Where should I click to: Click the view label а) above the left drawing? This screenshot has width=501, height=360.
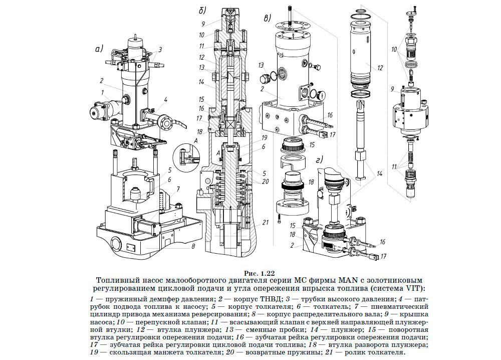click(x=99, y=49)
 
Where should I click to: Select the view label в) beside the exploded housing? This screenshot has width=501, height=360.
click(x=268, y=18)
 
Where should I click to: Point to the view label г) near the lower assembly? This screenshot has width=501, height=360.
click(x=319, y=159)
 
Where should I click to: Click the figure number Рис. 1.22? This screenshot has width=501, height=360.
click(x=260, y=273)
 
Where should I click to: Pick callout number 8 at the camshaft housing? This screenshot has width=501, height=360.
click(x=193, y=246)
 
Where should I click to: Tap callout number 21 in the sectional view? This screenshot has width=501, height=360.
click(x=265, y=222)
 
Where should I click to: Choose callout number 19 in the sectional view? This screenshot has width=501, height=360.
click(x=264, y=138)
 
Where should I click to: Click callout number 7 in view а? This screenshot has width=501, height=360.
click(x=178, y=189)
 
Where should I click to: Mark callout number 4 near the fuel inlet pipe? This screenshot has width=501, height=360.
click(x=165, y=100)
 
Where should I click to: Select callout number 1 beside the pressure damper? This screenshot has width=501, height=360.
click(x=103, y=92)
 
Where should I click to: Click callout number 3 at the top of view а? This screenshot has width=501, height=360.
click(x=160, y=50)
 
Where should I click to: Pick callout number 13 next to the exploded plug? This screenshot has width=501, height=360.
click(x=262, y=65)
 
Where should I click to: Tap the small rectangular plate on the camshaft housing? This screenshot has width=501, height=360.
click(x=131, y=247)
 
